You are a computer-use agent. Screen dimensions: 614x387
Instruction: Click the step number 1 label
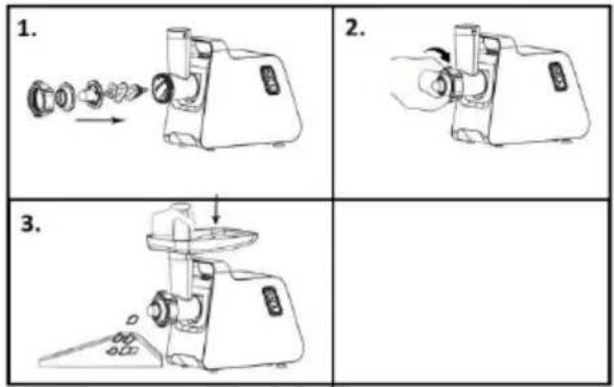tap(27, 29)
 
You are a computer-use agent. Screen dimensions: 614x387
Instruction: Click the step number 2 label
tap(355, 28)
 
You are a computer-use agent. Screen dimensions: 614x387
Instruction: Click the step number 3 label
tap(31, 224)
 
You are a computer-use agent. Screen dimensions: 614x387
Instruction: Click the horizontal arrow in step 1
tap(100, 120)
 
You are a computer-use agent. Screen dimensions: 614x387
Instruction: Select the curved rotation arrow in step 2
tap(437, 54)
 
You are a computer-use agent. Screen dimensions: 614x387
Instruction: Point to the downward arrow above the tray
tap(216, 209)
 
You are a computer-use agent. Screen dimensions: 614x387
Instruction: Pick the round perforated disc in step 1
tap(64, 96)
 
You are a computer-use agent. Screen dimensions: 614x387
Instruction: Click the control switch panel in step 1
tap(269, 79)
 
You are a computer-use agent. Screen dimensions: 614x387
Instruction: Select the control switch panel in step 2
tap(557, 76)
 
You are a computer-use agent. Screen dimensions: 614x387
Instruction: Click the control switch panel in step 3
tap(272, 301)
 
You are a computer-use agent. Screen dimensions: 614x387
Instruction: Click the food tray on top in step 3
tap(202, 239)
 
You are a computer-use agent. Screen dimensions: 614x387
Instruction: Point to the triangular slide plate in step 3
tap(101, 351)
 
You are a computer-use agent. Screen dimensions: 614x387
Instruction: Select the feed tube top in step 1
tap(178, 33)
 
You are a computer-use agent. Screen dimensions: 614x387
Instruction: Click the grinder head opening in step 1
tap(161, 88)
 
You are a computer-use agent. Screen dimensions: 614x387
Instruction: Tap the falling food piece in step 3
tap(133, 320)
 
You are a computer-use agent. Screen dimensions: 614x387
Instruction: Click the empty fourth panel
tap(471, 292)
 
